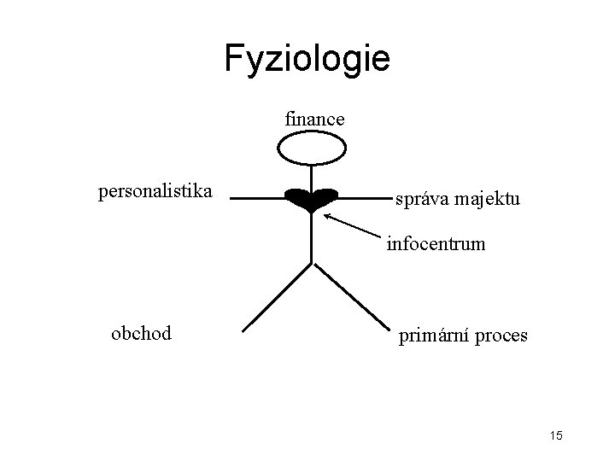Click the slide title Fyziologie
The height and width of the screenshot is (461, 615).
click(307, 58)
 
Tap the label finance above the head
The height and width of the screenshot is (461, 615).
click(314, 120)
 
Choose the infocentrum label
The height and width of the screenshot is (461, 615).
click(436, 244)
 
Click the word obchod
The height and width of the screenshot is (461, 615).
click(141, 333)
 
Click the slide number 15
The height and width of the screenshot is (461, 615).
click(556, 437)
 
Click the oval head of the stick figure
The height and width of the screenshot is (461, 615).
click(311, 150)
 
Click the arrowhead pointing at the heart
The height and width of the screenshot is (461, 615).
click(330, 217)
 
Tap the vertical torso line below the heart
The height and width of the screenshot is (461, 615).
click(311, 239)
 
